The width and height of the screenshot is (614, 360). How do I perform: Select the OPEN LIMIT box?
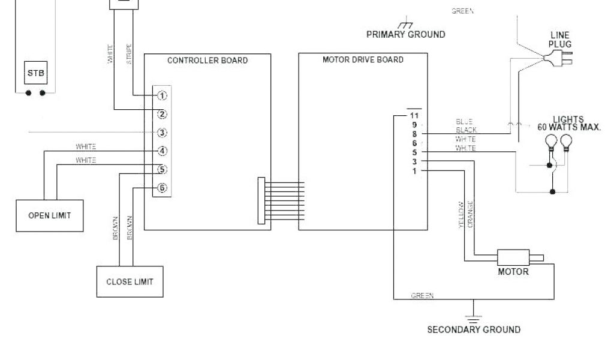pos(49,215)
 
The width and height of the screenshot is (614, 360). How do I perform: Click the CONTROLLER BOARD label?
pos(207,61)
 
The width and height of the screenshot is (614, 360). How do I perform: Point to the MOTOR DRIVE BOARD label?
pos(363,60)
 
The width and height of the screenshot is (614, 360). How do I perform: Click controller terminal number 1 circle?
pos(162,95)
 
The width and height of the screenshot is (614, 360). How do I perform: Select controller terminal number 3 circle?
pos(162,133)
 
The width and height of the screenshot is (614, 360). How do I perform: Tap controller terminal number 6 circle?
pos(162,188)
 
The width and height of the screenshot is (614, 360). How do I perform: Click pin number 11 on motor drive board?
pos(413,115)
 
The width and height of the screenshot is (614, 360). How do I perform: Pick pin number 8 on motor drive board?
pos(414,134)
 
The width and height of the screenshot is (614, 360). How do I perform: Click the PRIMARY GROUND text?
pos(405,34)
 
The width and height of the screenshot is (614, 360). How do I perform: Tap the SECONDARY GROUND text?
pos(473,329)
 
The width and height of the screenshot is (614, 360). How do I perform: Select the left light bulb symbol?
pos(550,142)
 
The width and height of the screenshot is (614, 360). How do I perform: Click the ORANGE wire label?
pos(471,214)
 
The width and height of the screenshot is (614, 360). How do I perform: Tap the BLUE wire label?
pos(464,121)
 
